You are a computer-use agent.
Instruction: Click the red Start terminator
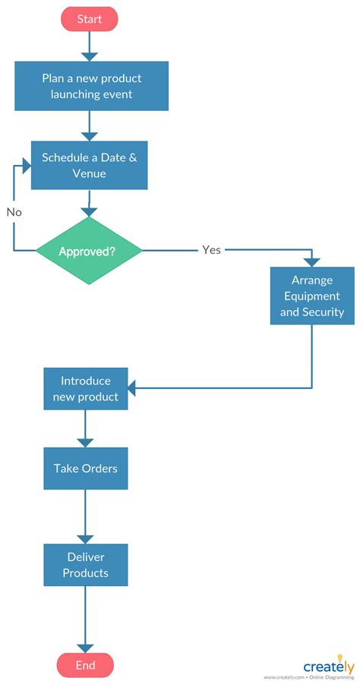pos(90,19)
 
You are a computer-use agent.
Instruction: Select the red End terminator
pos(85,665)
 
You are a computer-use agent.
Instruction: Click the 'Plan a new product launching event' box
pos(91,86)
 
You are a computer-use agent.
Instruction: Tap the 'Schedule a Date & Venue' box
pos(89,165)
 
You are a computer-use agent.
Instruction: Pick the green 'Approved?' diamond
pos(90,251)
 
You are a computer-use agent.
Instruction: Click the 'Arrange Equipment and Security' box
pos(312,296)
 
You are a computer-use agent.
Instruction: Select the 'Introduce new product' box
pos(85,388)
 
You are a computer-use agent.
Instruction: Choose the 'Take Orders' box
pos(85,468)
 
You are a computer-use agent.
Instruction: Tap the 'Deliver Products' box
pos(85,565)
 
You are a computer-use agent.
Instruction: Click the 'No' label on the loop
pos(14,212)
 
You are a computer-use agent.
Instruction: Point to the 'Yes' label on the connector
pos(211,249)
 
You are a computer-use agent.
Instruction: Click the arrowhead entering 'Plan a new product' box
pos(90,56)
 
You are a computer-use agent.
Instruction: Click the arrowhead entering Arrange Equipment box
pos(312,261)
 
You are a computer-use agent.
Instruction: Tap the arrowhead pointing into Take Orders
pos(85,442)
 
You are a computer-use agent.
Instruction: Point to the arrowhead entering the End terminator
pos(85,647)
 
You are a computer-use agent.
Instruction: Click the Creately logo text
pos(328,667)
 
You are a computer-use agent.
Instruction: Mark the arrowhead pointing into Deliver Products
pos(85,538)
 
